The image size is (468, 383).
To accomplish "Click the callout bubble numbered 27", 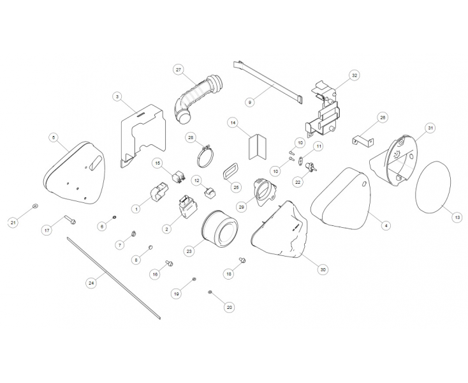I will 178,69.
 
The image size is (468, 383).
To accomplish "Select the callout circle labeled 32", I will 355,75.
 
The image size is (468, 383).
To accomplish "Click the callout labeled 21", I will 12,222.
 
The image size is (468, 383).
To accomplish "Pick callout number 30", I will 323,270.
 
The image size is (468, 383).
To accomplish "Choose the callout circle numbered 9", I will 250,101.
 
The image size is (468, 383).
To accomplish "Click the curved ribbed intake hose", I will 194,96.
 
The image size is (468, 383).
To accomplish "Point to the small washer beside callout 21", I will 34,207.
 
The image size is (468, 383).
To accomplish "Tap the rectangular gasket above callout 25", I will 228,171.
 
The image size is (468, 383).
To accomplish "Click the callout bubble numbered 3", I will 117,96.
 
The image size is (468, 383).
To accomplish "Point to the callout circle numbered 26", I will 383,117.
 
